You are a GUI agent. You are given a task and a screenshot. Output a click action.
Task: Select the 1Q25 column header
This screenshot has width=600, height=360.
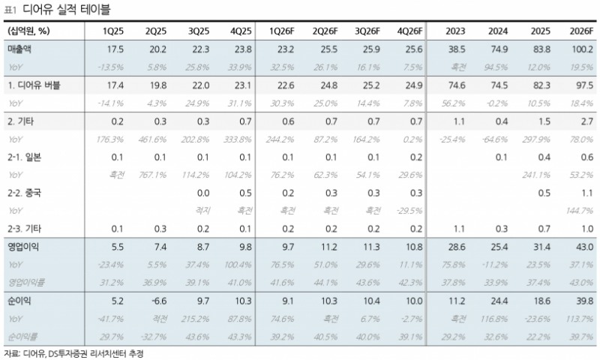point(113,31)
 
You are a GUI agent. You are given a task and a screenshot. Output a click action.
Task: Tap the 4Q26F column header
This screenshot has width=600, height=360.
point(409,31)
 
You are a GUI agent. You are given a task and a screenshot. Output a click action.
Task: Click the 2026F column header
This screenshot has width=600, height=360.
point(581,31)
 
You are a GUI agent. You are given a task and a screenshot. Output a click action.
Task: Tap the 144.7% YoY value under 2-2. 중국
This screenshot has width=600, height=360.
point(581,211)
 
